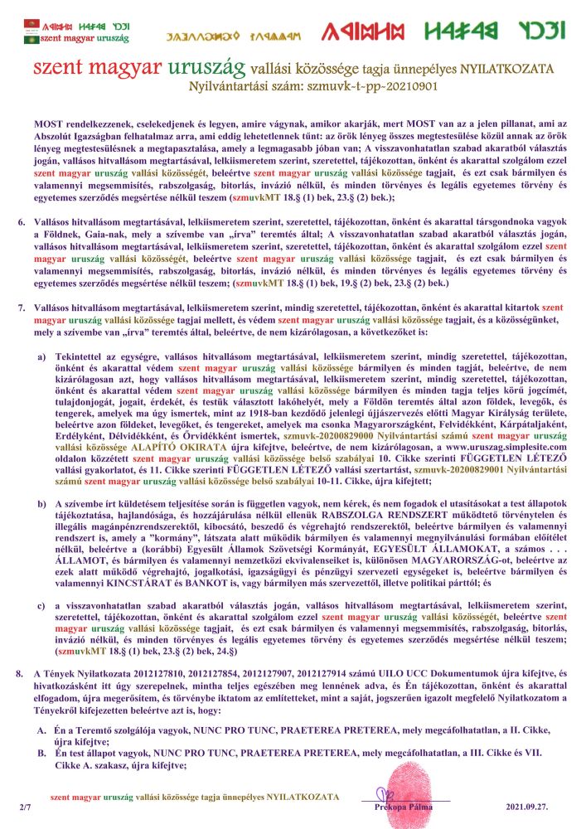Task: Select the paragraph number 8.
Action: pyautogui.click(x=22, y=671)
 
